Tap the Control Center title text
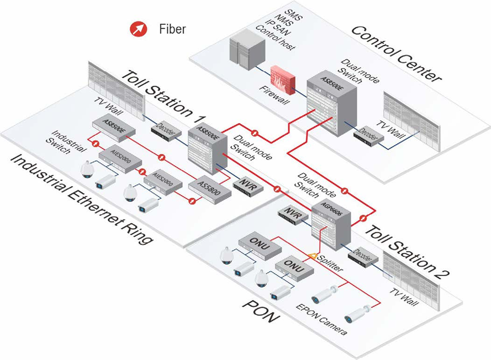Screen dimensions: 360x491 pyautogui.click(x=397, y=53)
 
